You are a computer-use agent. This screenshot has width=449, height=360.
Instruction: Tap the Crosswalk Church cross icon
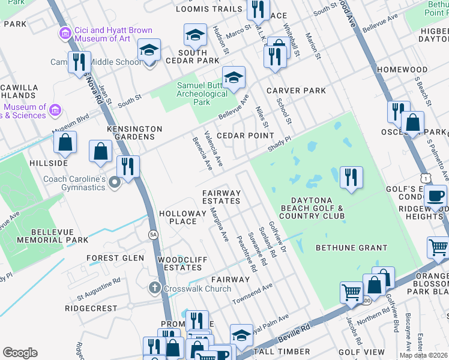click(155, 289)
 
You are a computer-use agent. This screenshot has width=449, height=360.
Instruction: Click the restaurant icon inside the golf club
click(351, 176)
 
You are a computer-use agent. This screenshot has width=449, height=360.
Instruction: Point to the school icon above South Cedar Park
click(195, 36)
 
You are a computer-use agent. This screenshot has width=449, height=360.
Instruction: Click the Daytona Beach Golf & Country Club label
click(312, 208)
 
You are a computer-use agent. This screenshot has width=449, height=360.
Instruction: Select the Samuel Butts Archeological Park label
click(202, 94)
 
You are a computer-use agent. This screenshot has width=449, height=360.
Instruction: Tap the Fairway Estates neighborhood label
click(221, 197)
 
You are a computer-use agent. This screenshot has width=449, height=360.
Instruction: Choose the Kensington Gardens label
click(134, 133)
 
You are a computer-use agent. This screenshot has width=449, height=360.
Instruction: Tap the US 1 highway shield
click(426, 178)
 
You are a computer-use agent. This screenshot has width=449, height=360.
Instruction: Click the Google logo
click(20, 353)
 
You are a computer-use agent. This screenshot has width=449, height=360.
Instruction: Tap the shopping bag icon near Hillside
click(65, 143)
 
